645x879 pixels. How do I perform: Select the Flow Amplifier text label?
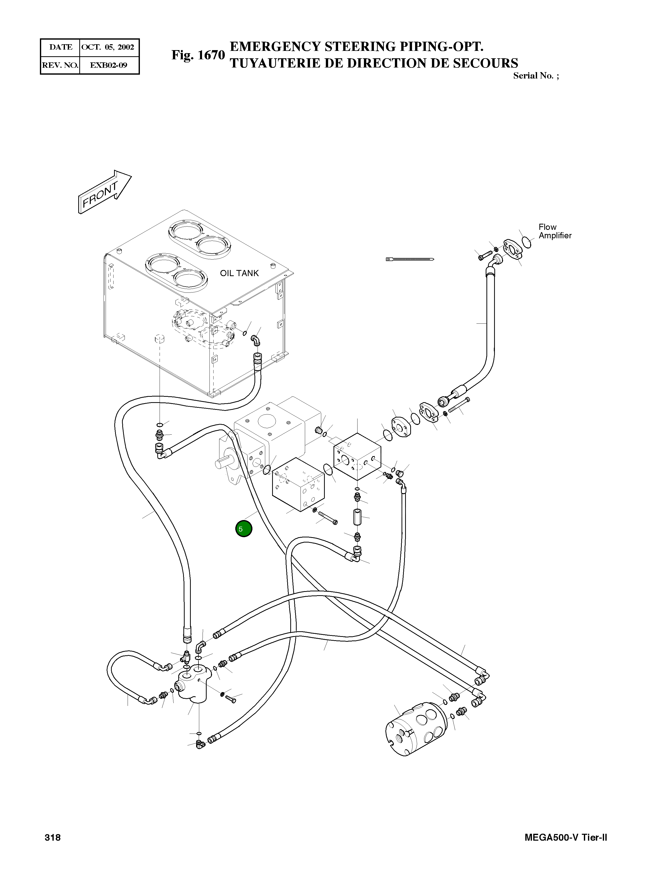(x=554, y=231)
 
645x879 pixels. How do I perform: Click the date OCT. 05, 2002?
(x=108, y=47)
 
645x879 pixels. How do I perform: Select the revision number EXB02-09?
(x=108, y=65)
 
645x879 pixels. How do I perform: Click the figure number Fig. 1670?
(x=198, y=55)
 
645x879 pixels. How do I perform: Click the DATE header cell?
(x=61, y=47)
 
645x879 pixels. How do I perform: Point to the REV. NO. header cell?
(x=60, y=65)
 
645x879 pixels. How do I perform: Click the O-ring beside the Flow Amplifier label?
(x=527, y=242)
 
